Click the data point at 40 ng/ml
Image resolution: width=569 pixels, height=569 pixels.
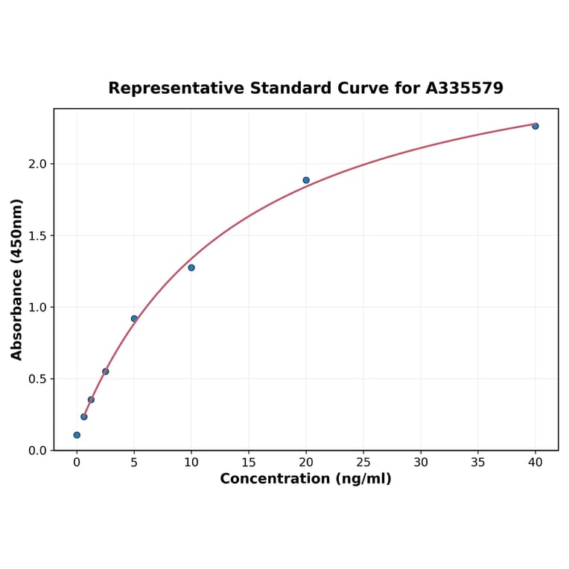click(x=535, y=126)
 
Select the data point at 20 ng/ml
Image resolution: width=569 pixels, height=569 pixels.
click(x=306, y=180)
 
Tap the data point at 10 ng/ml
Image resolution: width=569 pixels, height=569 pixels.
click(x=191, y=267)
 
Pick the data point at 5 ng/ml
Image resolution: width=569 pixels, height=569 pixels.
click(x=134, y=319)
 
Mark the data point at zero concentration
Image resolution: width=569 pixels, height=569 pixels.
click(x=77, y=435)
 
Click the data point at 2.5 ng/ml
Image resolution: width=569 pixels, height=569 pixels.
click(x=106, y=372)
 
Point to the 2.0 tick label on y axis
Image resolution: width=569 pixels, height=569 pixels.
click(x=38, y=164)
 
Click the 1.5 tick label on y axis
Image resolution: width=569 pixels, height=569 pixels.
click(x=38, y=236)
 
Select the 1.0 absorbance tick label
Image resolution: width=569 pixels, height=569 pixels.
click(x=38, y=308)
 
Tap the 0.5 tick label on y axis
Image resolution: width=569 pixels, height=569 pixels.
click(x=38, y=379)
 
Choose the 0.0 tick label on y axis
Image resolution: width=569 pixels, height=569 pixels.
click(x=38, y=451)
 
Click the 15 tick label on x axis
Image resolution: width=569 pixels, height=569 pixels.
click(x=249, y=462)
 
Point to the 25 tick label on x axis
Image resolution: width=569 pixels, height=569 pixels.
click(x=363, y=462)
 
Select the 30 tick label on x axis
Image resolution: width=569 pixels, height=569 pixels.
click(x=421, y=462)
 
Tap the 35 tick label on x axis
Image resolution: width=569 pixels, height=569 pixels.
click(x=478, y=462)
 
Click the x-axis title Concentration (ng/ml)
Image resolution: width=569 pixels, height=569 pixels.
click(x=305, y=479)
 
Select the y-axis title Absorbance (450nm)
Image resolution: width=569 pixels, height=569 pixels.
click(x=17, y=279)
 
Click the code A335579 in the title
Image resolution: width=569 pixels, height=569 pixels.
click(x=465, y=88)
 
